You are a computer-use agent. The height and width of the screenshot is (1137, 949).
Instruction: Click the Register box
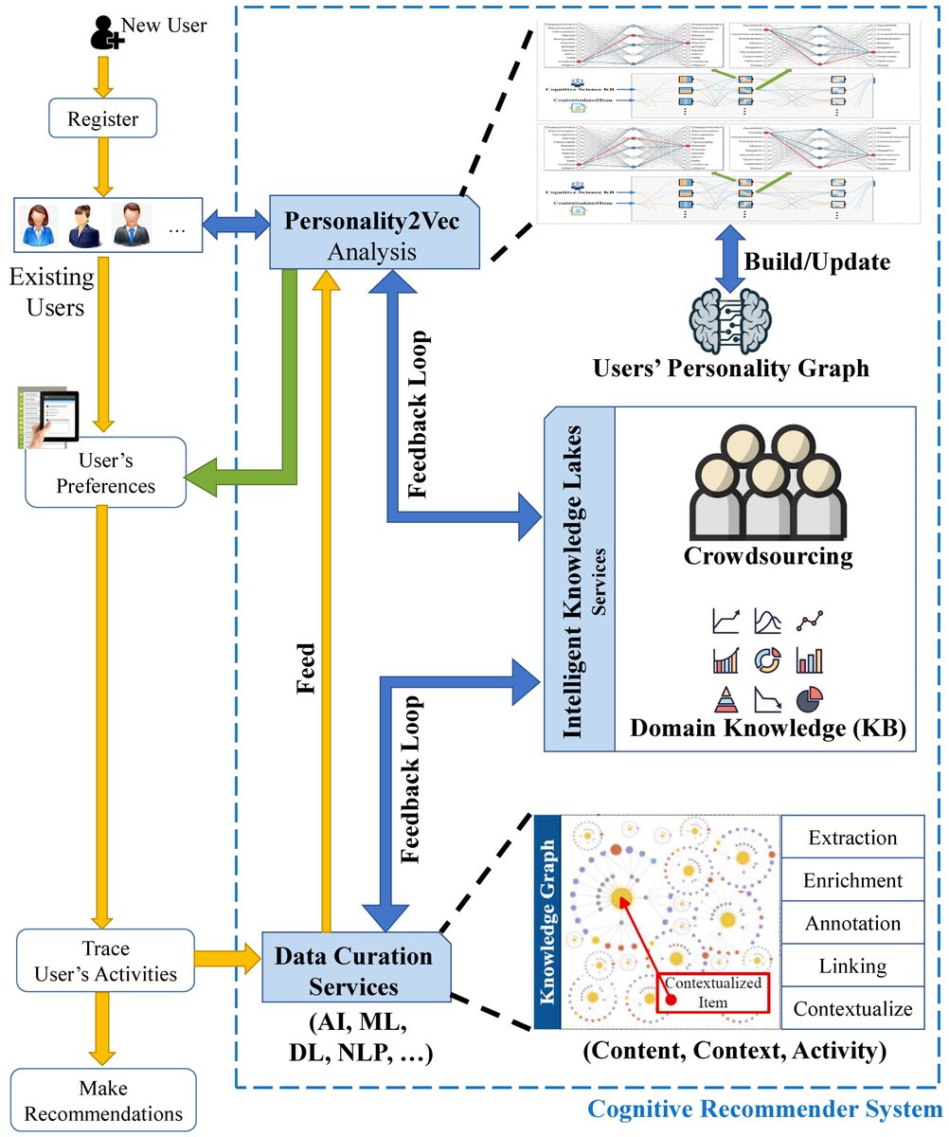(x=103, y=119)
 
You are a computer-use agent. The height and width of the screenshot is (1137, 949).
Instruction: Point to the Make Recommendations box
(x=103, y=1100)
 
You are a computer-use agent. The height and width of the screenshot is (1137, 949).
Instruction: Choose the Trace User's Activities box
(x=103, y=960)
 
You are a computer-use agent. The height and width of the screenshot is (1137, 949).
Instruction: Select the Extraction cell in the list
(x=851, y=838)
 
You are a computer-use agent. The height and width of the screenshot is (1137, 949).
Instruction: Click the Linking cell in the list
(x=851, y=966)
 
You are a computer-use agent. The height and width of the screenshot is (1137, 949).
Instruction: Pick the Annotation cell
(x=851, y=923)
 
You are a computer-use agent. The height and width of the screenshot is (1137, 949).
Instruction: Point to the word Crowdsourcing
(x=768, y=555)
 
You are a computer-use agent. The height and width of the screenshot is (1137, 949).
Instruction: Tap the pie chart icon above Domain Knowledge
(x=809, y=698)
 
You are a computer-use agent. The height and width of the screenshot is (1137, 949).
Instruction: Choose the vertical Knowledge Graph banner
(x=547, y=921)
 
